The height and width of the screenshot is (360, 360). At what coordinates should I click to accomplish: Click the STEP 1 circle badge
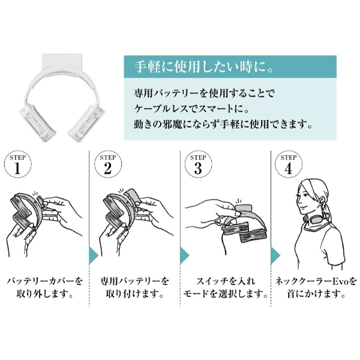[17, 164]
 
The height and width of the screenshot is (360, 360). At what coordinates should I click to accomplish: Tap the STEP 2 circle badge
[108, 164]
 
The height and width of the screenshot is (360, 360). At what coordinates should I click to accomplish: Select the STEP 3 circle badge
[199, 164]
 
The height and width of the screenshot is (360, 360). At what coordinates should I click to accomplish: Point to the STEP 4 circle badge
[289, 164]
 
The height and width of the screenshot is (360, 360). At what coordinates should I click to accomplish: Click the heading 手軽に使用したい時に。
[203, 67]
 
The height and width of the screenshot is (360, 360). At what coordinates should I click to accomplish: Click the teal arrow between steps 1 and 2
[94, 256]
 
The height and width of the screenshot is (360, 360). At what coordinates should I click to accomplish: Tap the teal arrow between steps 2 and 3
[185, 256]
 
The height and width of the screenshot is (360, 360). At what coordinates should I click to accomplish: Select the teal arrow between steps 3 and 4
[275, 256]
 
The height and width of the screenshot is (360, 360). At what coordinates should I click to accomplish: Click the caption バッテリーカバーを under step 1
[44, 281]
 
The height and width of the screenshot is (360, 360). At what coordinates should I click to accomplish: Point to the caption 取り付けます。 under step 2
[134, 294]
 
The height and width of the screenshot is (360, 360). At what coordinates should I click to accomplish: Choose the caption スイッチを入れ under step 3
[226, 281]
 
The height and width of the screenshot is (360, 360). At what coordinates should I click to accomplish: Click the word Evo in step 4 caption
[340, 281]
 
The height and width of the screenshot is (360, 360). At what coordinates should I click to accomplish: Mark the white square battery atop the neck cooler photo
[62, 62]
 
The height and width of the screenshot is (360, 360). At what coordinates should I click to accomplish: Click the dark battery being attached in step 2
[131, 197]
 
